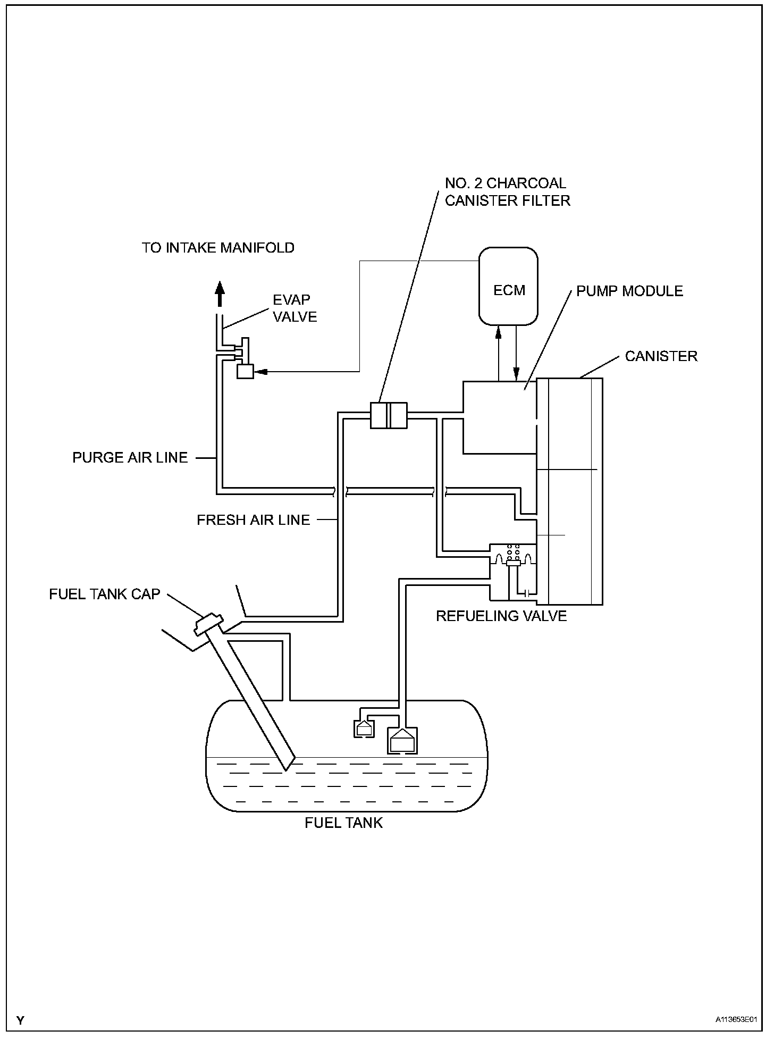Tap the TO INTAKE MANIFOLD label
coord(218,248)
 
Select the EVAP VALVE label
coord(295,308)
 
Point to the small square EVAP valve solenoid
coord(245,371)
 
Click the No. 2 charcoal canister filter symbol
coord(388,415)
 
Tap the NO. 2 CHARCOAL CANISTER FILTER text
coord(507,191)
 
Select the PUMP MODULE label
coord(629,291)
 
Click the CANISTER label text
coord(661,356)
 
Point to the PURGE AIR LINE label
coord(130,458)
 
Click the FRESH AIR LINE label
coord(253,520)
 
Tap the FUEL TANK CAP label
coord(105,594)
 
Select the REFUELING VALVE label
coord(501,616)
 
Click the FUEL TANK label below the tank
coord(343,823)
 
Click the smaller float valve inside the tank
coord(364,728)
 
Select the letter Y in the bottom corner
coord(20,1020)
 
